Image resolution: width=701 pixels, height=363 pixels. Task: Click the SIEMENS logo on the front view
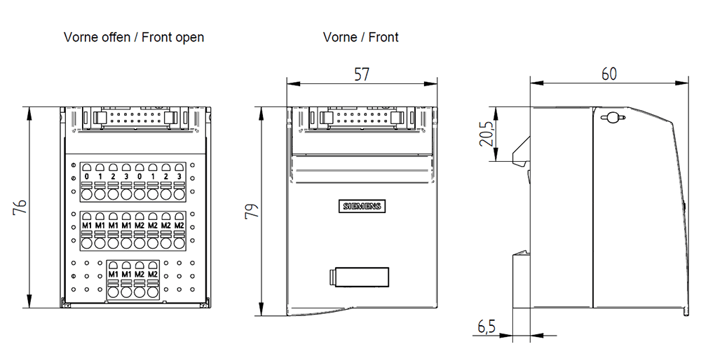tap(362, 206)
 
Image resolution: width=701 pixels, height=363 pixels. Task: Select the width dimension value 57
tap(361, 74)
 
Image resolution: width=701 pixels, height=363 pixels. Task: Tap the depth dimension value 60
tap(609, 74)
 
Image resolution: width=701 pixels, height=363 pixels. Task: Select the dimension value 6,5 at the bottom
tap(486, 327)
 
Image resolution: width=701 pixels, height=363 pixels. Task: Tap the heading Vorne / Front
tap(360, 37)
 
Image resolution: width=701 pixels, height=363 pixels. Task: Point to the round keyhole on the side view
tap(611, 118)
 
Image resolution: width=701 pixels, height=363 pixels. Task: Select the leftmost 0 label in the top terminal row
tap(87, 176)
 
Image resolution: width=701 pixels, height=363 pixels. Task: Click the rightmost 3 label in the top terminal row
tap(179, 176)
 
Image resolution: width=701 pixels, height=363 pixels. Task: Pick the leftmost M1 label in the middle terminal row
tap(87, 226)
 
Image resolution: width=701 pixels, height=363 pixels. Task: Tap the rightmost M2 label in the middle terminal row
tap(179, 226)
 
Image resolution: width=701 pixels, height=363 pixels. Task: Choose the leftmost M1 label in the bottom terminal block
tap(114, 274)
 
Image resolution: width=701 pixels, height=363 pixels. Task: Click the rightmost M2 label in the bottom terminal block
tap(153, 274)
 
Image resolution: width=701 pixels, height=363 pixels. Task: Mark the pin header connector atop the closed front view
tap(360, 118)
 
